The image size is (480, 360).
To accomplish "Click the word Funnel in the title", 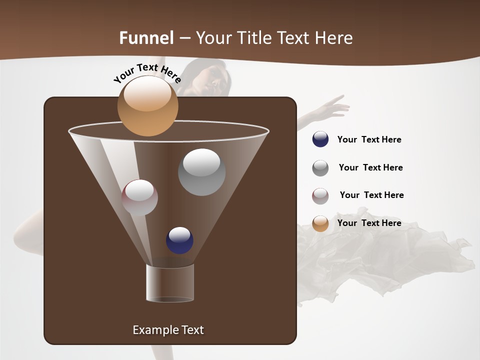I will (x=146, y=37).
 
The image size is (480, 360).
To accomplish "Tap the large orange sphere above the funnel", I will (x=147, y=106).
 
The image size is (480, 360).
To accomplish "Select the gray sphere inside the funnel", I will (x=201, y=172).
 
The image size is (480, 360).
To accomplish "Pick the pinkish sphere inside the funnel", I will (x=139, y=197).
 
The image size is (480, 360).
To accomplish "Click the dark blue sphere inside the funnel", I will (x=179, y=240).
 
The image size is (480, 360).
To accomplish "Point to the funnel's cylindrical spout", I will (x=170, y=283).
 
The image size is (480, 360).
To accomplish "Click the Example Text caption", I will (x=168, y=330).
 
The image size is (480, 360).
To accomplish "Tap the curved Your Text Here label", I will (x=147, y=73).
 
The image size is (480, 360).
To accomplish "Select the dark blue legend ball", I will (x=320, y=139).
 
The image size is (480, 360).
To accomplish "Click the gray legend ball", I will (x=320, y=168).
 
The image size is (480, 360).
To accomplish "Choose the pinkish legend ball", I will (x=320, y=195).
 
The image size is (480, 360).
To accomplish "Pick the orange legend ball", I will (x=320, y=223).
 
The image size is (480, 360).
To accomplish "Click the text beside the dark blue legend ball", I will (x=369, y=139).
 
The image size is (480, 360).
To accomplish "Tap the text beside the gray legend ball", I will (x=370, y=167).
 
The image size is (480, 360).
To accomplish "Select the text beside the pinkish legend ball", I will (x=371, y=195).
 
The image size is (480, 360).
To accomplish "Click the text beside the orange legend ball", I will (x=369, y=223).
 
